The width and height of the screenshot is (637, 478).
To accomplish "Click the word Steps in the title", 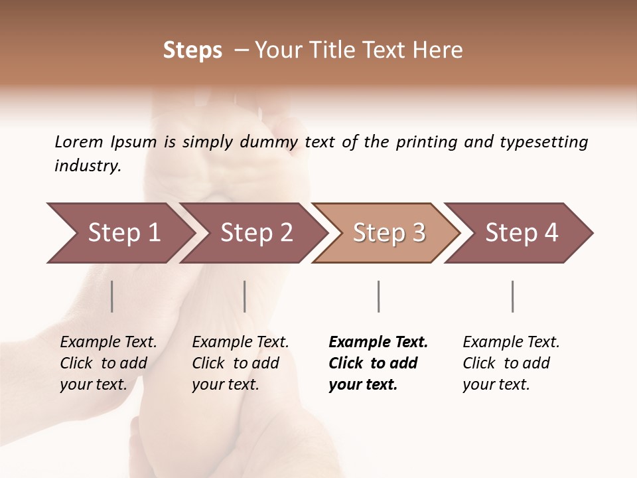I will [192, 50].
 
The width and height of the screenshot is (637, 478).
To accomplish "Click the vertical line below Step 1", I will [112, 296].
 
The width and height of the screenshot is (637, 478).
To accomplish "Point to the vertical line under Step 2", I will [245, 296].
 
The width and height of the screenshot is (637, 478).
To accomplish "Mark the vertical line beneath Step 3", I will [378, 296].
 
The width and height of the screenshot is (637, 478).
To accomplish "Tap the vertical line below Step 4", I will [512, 296].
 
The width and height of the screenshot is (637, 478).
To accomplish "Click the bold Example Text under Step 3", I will [378, 343].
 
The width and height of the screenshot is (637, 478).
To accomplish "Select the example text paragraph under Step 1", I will [108, 363].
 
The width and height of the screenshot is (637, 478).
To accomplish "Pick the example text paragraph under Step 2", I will [240, 363].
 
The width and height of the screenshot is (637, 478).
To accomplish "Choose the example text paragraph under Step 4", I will [511, 363].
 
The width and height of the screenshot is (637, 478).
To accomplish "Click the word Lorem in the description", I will [78, 142].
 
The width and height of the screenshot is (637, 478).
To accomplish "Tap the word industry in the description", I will [87, 166].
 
